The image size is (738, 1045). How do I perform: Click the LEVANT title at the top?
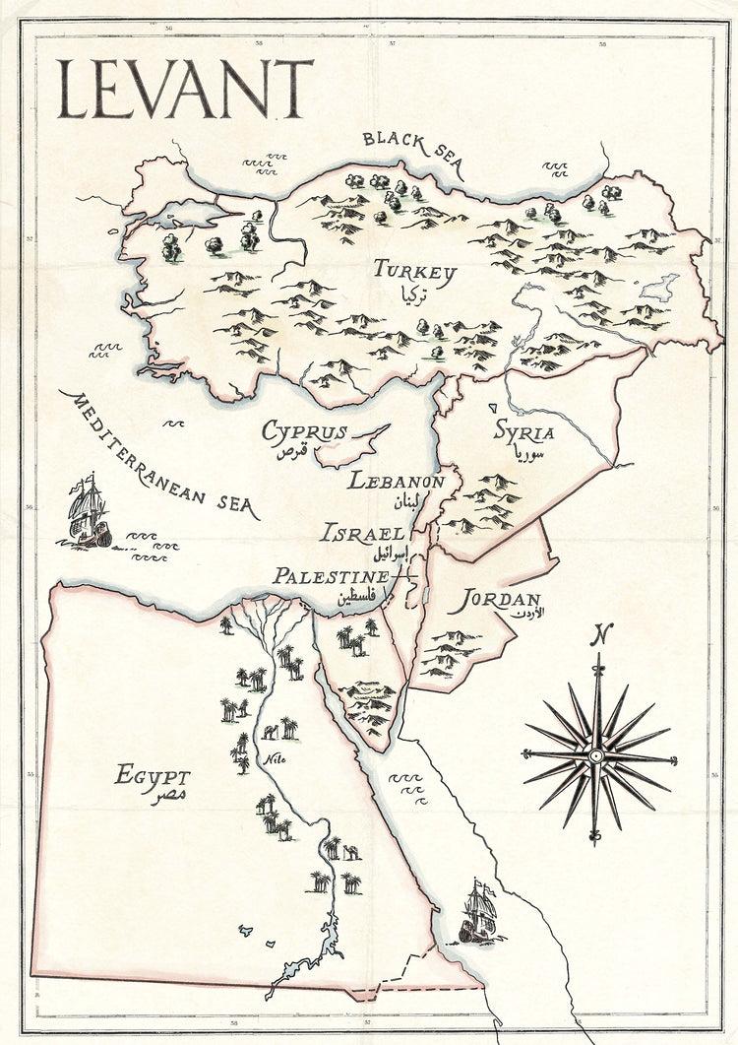coord(185,90)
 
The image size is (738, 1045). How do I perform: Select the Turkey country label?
coord(414,272)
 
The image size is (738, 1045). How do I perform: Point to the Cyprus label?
coord(304,432)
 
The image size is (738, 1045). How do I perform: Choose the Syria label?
coord(523,431)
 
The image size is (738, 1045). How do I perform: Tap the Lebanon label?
coord(396,482)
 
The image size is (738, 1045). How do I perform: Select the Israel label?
coord(362,533)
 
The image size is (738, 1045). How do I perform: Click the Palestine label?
coord(331,576)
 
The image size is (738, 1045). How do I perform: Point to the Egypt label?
coord(153,775)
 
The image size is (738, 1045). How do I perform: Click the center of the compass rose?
coord(596,756)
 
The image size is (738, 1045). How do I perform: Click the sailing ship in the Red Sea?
coord(477,911)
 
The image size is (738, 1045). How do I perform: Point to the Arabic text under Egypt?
coord(168,796)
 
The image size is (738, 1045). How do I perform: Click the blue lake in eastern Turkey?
coord(659,288)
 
